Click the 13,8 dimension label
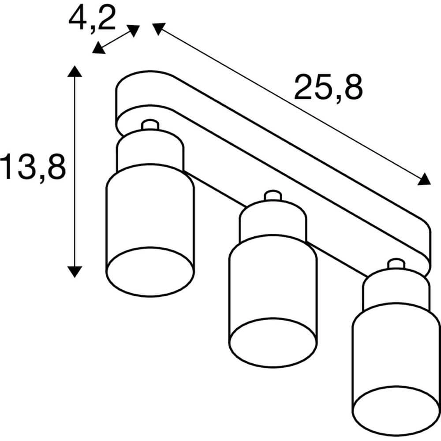(33, 167)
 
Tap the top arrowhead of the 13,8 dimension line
(75, 71)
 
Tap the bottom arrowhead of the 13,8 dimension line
(75, 271)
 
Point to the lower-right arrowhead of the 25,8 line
(424, 179)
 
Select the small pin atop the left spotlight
(150, 125)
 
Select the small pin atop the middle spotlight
(273, 196)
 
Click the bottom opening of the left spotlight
(150, 272)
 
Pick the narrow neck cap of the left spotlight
(149, 150)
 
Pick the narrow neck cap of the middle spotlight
(273, 220)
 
